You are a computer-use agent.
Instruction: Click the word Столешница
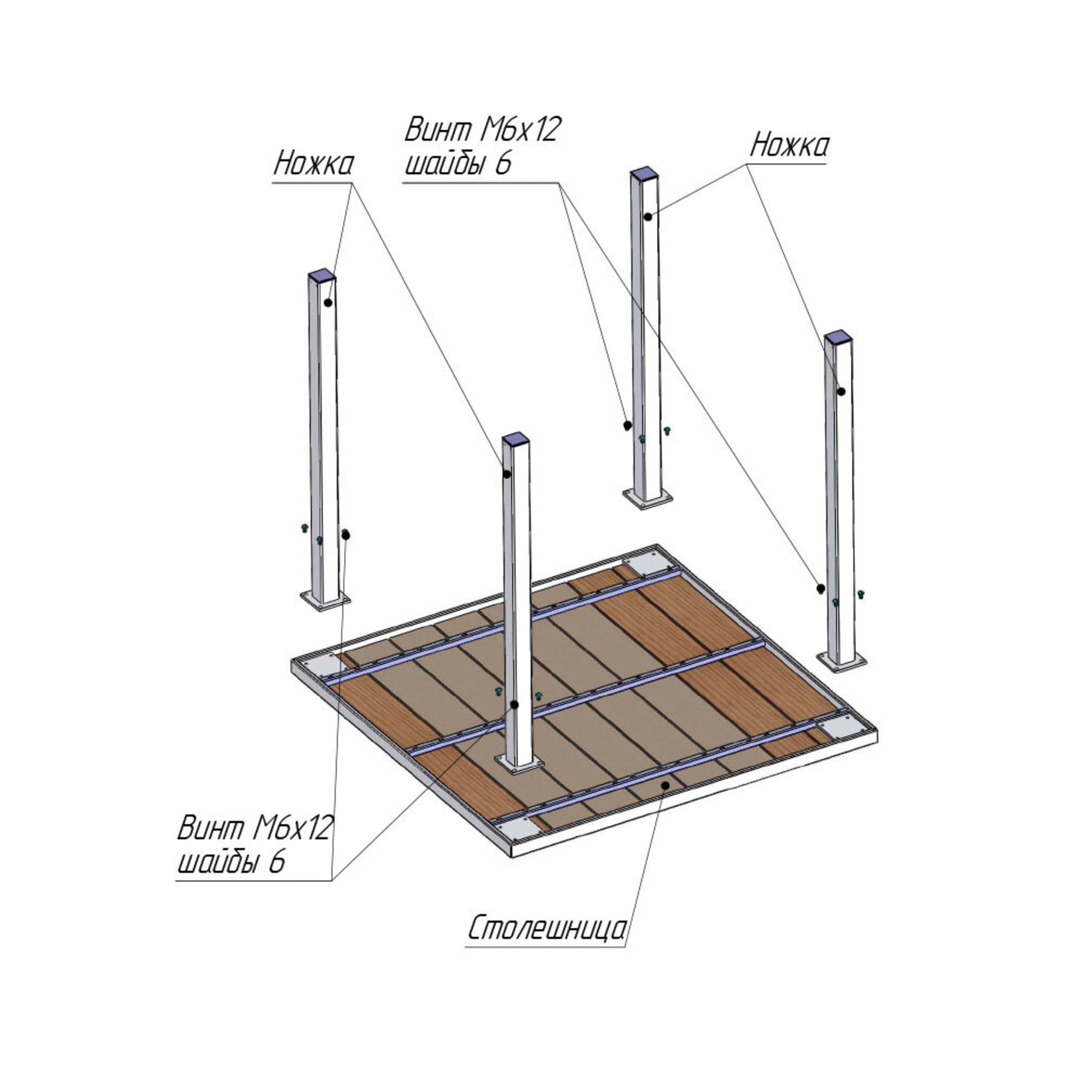(546, 929)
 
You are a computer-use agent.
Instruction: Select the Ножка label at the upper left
(314, 164)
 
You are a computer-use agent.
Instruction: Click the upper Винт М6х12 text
(482, 129)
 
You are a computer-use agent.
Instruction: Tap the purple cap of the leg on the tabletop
(516, 437)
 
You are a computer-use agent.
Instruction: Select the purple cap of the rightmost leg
(838, 337)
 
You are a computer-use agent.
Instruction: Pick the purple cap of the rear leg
(644, 174)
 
